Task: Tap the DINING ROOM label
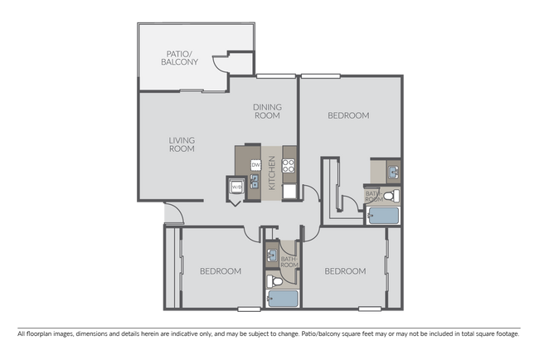[x=267, y=110]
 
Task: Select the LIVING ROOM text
[x=182, y=144]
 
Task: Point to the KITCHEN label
[x=272, y=173]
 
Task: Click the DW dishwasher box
[x=256, y=165]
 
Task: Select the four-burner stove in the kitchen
[x=289, y=165]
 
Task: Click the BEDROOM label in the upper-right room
[x=348, y=115]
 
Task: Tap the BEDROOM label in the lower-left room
[x=221, y=271]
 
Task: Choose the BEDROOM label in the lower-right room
[x=344, y=271]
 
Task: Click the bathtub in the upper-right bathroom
[x=382, y=216]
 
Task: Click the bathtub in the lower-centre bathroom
[x=282, y=299]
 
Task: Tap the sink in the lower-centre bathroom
[x=272, y=256]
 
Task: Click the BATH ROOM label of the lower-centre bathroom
[x=289, y=262]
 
